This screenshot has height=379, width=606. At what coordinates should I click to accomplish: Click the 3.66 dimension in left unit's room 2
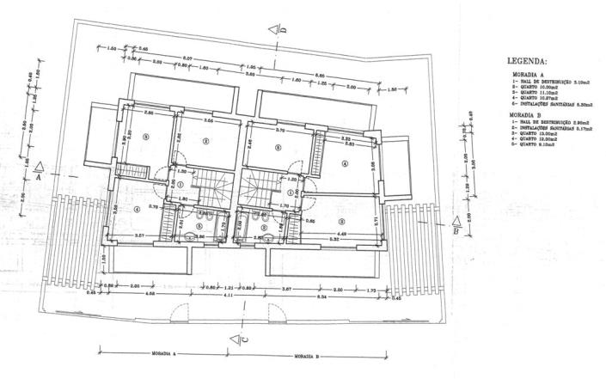coord(207,120)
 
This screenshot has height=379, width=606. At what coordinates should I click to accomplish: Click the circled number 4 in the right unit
coord(345,164)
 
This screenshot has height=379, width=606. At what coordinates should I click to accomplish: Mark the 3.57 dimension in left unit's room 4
coord(138,234)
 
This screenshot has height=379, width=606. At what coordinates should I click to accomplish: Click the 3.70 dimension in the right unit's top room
coord(279,131)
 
